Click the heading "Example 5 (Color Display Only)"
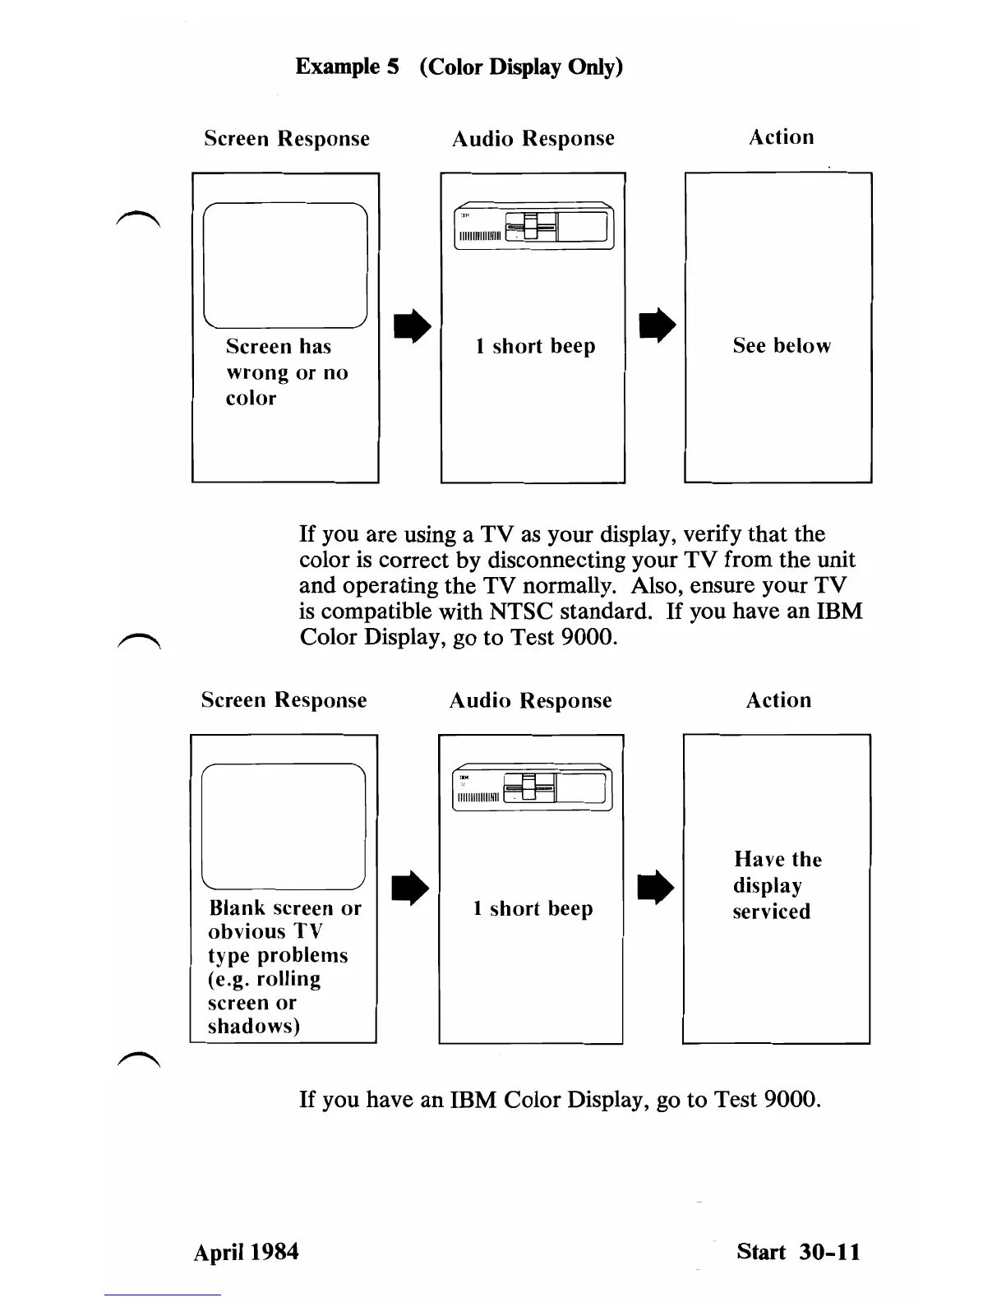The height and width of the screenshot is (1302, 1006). [459, 67]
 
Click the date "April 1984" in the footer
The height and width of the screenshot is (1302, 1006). [246, 1252]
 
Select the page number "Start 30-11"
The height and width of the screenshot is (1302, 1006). [798, 1252]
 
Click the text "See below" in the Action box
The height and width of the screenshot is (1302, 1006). [782, 346]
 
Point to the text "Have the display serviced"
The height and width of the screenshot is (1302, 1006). [777, 885]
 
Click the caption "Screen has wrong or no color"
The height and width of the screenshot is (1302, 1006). [286, 372]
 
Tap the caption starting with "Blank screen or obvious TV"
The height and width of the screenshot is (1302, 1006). [284, 967]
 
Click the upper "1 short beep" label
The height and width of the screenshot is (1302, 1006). [535, 346]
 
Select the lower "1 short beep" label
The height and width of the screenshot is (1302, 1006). [533, 908]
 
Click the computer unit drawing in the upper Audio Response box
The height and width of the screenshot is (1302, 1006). [534, 225]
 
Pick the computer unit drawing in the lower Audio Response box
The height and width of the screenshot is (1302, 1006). [533, 788]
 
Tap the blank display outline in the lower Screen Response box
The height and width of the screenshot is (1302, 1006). [283, 826]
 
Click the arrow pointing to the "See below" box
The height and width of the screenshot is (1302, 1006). [658, 325]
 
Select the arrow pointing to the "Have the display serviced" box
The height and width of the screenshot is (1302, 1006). [657, 889]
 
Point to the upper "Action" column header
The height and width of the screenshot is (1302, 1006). [781, 137]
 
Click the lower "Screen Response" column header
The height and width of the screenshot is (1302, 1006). [284, 700]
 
